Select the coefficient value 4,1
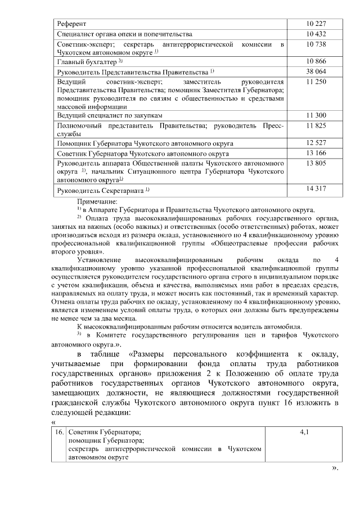pos(304,433)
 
